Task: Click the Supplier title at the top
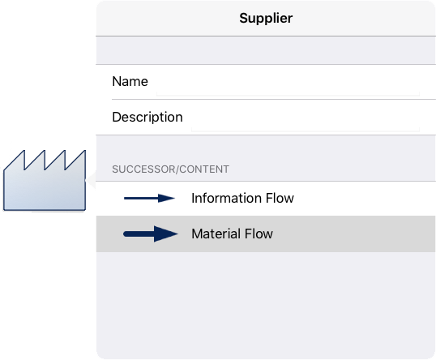click(266, 19)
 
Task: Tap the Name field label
click(130, 82)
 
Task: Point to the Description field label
click(147, 117)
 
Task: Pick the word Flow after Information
click(280, 198)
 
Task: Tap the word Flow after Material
click(259, 234)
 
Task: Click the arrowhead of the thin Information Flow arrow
click(166, 199)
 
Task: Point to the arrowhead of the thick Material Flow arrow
click(165, 234)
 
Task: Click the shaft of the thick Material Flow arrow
click(139, 234)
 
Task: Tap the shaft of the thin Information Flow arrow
click(141, 199)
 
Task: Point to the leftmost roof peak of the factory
click(24, 151)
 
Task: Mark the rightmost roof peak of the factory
click(85, 151)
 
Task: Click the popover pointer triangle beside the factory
click(92, 180)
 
